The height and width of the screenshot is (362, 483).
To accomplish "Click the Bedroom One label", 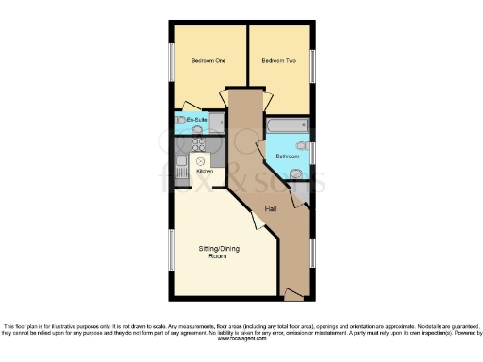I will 208,61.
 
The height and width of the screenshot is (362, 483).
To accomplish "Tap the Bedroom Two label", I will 278,61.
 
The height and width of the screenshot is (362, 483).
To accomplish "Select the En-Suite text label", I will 196,120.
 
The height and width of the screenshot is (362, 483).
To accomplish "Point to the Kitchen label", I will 205,172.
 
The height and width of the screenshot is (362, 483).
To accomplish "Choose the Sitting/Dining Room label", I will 218,252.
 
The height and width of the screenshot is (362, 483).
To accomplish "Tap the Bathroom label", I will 288,156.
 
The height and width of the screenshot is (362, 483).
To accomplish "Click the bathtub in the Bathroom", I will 287,125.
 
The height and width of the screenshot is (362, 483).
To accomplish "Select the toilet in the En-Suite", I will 181,123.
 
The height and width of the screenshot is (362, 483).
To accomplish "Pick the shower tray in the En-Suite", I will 217,122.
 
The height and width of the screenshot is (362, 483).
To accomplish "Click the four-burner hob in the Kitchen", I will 199,145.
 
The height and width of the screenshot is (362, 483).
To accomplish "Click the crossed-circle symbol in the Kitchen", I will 201,162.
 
